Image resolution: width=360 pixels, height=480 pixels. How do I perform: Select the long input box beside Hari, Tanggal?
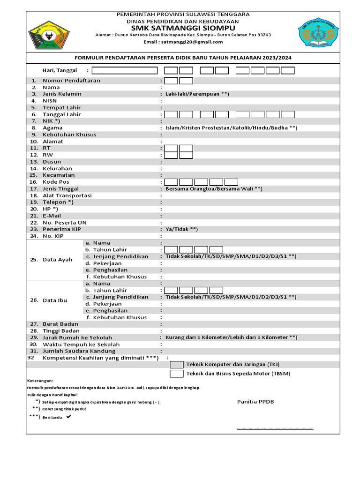pyautogui.click(x=125, y=71)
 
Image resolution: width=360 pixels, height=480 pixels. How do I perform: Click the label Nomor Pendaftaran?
pyautogui.click(x=71, y=81)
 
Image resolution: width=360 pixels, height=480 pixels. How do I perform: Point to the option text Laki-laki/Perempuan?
pyautogui.click(x=197, y=94)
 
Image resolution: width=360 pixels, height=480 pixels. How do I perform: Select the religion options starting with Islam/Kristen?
pyautogui.click(x=231, y=128)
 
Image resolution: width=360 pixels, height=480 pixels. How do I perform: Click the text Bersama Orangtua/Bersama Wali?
pyautogui.click(x=214, y=189)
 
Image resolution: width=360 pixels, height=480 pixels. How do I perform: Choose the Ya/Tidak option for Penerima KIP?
pyautogui.click(x=181, y=229)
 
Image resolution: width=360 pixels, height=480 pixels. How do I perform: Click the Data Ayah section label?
pyautogui.click(x=57, y=260)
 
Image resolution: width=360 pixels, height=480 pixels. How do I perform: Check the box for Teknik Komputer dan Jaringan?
pyautogui.click(x=176, y=365)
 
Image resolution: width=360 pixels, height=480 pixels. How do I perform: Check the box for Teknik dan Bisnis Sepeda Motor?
pyautogui.click(x=176, y=374)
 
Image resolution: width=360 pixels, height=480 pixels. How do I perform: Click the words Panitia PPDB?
pyautogui.click(x=255, y=402)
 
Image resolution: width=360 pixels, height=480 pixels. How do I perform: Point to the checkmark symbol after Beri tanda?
pyautogui.click(x=69, y=417)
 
